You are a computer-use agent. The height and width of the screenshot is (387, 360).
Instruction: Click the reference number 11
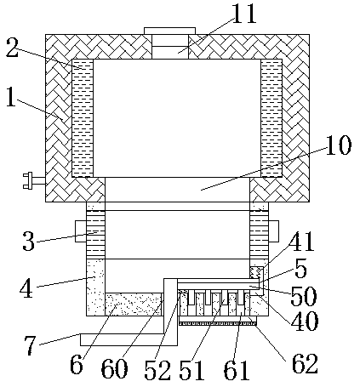pyautogui.click(x=243, y=13)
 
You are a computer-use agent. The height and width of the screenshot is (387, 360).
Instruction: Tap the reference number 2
pyautogui.click(x=13, y=48)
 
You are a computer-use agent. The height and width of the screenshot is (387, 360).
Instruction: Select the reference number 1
pyautogui.click(x=11, y=97)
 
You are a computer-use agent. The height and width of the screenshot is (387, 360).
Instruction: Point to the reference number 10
pyautogui.click(x=339, y=145)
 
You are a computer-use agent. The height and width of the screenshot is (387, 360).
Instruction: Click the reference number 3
pyautogui.click(x=28, y=241)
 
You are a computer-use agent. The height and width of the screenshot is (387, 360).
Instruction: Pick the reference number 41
pyautogui.click(x=301, y=242)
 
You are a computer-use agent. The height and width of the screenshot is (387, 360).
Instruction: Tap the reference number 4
pyautogui.click(x=26, y=288)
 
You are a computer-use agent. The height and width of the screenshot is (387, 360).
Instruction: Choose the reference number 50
pyautogui.click(x=303, y=296)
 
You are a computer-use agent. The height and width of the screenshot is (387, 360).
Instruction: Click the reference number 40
pyautogui.click(x=306, y=321)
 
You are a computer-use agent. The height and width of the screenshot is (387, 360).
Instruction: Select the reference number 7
pyautogui.click(x=31, y=345)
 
